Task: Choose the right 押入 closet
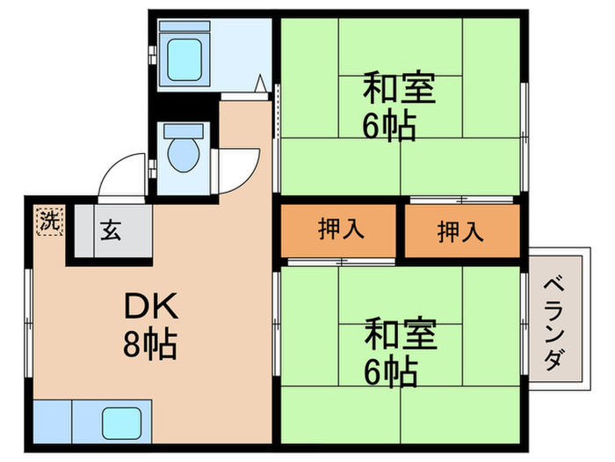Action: (x=460, y=231)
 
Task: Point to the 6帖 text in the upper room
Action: (x=389, y=128)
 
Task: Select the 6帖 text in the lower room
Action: (x=389, y=374)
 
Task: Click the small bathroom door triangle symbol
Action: (x=261, y=84)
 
